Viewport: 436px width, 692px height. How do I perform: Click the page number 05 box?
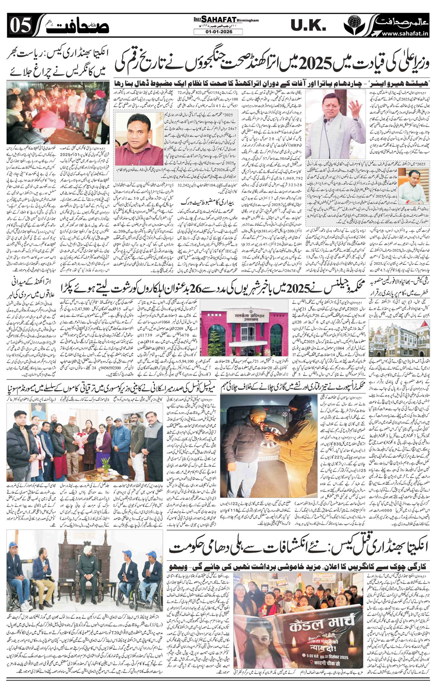(17, 25)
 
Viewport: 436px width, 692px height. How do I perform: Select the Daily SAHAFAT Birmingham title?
(222, 21)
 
